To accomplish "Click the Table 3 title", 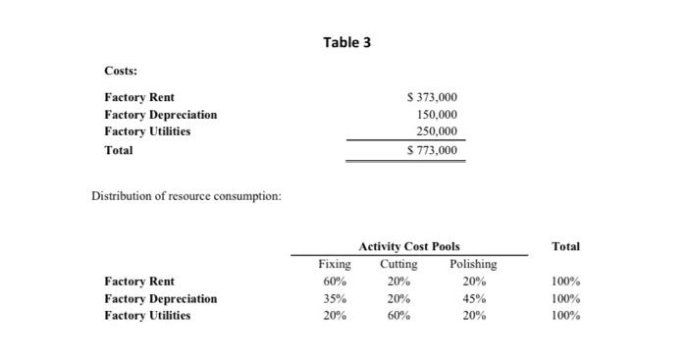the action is click(347, 42).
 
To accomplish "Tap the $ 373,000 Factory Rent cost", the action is click(431, 97).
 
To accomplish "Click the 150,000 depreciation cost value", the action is click(437, 114).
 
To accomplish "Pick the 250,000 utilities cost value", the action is click(437, 130).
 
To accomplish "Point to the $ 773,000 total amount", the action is click(431, 150).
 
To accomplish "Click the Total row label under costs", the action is click(118, 150).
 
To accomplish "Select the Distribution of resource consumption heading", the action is click(186, 196).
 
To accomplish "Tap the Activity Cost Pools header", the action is click(408, 246).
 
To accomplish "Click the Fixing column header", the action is click(335, 264).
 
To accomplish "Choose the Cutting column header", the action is click(397, 264).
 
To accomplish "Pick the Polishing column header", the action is click(473, 264).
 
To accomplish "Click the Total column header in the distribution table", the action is click(565, 246).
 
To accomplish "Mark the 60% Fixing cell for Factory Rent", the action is click(336, 282).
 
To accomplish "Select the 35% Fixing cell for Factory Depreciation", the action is click(336, 298).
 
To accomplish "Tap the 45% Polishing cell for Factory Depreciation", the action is click(473, 298).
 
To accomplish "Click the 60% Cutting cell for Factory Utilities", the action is click(397, 315).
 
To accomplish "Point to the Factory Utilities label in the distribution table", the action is click(147, 315).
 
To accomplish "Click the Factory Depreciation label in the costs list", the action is click(160, 114).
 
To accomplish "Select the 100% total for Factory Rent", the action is click(565, 282).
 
